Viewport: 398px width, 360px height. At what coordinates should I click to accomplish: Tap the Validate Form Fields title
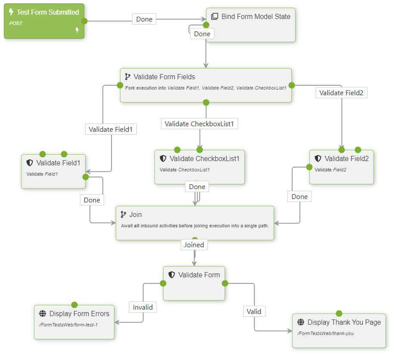(x=164, y=77)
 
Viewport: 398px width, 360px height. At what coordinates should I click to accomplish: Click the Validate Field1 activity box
(x=53, y=171)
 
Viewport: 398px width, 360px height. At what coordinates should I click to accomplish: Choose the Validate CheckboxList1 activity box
(x=199, y=167)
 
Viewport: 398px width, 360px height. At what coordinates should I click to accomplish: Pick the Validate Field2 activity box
(x=341, y=167)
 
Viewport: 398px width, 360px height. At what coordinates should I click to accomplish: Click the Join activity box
(x=194, y=223)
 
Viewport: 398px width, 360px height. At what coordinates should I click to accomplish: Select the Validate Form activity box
(x=194, y=283)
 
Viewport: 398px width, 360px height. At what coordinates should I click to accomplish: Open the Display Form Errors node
(x=74, y=322)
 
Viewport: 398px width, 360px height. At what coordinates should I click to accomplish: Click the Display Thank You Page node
(x=339, y=330)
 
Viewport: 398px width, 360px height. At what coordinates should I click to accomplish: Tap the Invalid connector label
(x=143, y=307)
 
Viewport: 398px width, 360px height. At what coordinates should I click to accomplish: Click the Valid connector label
(x=254, y=311)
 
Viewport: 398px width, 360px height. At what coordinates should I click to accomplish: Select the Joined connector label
(x=194, y=245)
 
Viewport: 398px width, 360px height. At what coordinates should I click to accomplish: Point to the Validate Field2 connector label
(x=341, y=93)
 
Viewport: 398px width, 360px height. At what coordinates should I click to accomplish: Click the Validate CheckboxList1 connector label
(x=200, y=124)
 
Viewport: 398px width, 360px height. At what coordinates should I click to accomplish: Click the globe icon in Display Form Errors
(x=42, y=314)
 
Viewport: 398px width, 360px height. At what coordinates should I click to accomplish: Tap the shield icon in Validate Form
(x=171, y=275)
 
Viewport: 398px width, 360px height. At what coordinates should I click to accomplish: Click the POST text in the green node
(x=16, y=23)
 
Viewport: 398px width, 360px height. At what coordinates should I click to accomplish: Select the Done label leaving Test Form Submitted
(x=144, y=19)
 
